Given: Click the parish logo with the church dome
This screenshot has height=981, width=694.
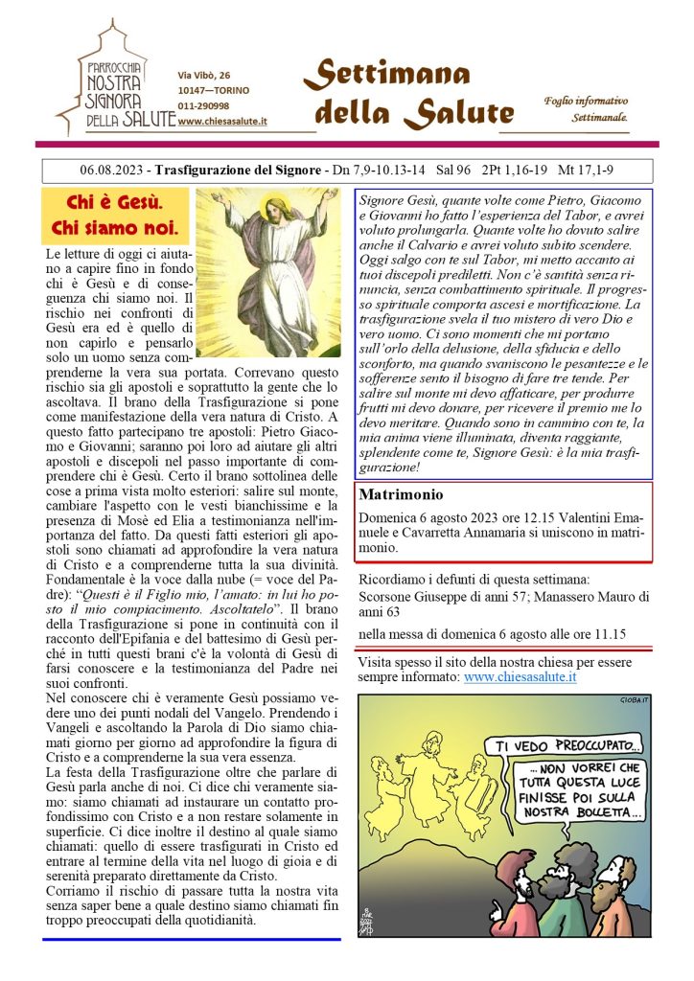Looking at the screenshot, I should click(x=115, y=80).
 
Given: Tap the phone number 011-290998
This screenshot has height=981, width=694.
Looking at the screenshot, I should click(x=203, y=105).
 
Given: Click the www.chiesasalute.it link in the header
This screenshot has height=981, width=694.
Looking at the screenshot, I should click(x=222, y=121).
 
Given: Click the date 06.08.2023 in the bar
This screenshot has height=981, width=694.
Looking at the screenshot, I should click(x=113, y=171).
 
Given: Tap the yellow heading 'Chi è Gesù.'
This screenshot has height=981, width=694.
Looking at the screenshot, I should click(x=114, y=203).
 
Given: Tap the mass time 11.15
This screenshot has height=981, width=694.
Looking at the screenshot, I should click(x=606, y=633).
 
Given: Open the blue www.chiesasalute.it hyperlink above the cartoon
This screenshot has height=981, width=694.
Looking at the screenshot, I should click(x=520, y=676).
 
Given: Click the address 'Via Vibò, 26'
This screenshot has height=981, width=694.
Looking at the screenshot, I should click(x=204, y=75).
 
